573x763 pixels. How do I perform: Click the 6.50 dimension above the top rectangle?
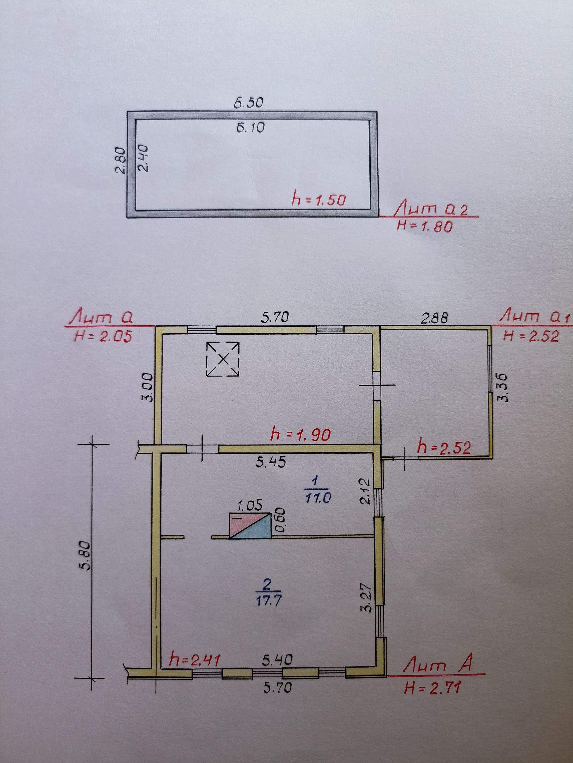pos(249,103)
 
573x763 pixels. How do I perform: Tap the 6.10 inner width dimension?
pos(251,128)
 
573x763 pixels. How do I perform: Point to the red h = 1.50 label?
pos(319,200)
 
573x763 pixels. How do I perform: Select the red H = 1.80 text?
pos(424,227)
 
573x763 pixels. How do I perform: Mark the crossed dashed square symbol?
pos(222,359)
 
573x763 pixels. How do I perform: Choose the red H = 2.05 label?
pos(103,336)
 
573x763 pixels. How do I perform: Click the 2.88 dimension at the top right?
pos(434,318)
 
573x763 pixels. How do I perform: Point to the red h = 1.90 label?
pos(300,435)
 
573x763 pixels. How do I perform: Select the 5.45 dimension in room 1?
pos(271,462)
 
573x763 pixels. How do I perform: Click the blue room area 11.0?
pos(318,497)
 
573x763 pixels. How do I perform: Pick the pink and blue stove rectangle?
pos(250,525)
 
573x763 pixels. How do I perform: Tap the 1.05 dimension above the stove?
pos(250,506)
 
